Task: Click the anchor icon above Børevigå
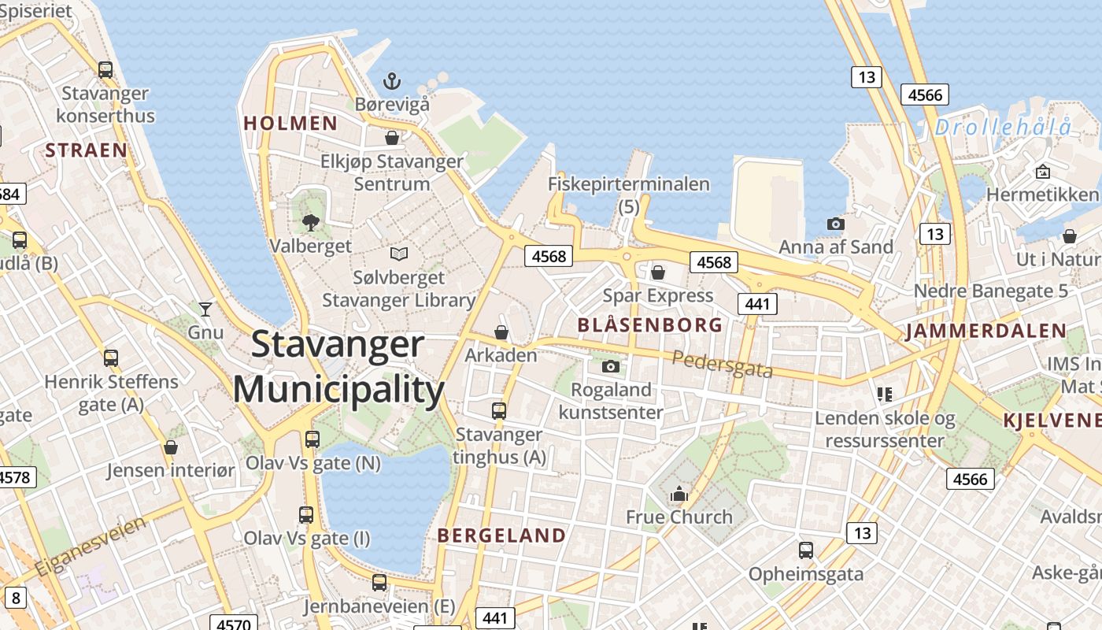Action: pyautogui.click(x=391, y=80)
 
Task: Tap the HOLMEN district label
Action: pyautogui.click(x=290, y=124)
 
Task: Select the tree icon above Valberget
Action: pyautogui.click(x=311, y=222)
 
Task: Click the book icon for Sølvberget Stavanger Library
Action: pyautogui.click(x=399, y=254)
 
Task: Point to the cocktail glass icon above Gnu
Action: pyautogui.click(x=205, y=309)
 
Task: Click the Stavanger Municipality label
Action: pyautogui.click(x=338, y=367)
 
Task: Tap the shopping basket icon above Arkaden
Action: pyautogui.click(x=501, y=332)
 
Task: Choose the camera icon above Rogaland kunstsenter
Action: pyautogui.click(x=610, y=366)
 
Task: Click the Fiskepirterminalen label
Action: pyautogui.click(x=629, y=184)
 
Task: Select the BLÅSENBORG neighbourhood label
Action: pyautogui.click(x=650, y=325)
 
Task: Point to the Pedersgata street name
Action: pyautogui.click(x=723, y=365)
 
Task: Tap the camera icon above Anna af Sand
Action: pyautogui.click(x=835, y=224)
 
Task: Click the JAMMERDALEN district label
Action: pyautogui.click(x=986, y=332)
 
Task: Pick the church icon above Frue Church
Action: pyautogui.click(x=679, y=495)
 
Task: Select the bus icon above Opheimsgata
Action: pyautogui.click(x=805, y=550)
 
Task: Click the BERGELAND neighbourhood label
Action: pyautogui.click(x=501, y=536)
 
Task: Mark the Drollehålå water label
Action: pyautogui.click(x=1004, y=127)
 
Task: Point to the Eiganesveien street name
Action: pyautogui.click(x=91, y=545)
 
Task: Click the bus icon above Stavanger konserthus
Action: pyautogui.click(x=105, y=69)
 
